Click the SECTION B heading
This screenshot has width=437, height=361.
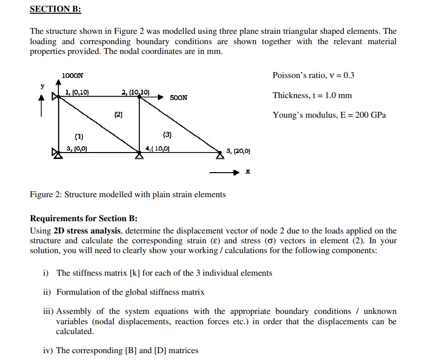[55, 9]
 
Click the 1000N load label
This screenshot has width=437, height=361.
[73, 76]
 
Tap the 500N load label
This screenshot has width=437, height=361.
[179, 98]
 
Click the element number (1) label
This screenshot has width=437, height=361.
[79, 136]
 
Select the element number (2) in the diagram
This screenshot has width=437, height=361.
[118, 115]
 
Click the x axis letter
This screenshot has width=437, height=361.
[248, 173]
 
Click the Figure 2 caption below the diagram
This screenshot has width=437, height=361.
[128, 194]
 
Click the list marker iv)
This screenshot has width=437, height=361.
[48, 350]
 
